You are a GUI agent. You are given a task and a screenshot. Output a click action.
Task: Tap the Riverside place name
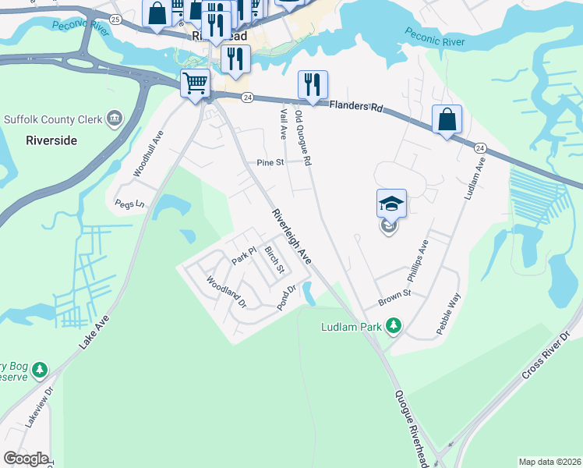coord(51,140)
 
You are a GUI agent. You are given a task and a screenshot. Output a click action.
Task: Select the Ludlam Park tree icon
coord(394,324)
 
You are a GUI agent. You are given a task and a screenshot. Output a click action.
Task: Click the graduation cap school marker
coord(391,204)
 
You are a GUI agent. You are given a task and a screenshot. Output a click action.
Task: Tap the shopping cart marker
coord(195,83)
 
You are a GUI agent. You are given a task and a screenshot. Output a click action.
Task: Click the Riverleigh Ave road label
coord(291,236)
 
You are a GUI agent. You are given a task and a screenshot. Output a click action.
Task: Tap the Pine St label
coord(269,163)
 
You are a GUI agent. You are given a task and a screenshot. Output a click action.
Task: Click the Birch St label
coord(274,259)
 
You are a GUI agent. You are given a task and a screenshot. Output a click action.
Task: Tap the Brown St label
coord(394,297)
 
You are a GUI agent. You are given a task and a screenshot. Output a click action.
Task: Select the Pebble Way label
coord(449,314)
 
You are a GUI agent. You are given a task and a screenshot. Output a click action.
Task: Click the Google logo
coord(26,459)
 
